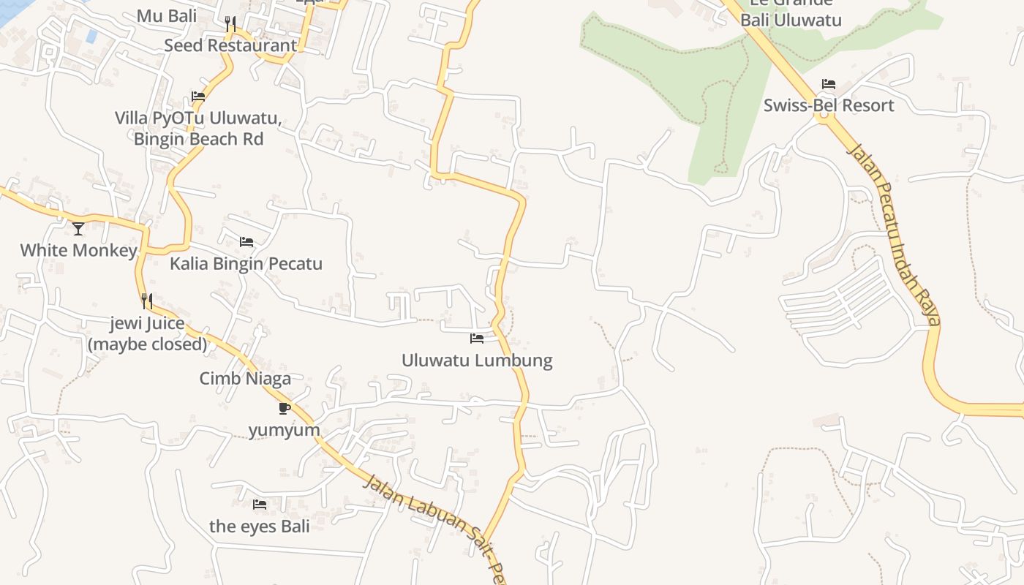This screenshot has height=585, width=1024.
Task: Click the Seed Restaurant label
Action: point(230,45)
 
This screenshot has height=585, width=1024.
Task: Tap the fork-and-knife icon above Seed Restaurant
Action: point(230,24)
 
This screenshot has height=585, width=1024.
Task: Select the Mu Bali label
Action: point(167,15)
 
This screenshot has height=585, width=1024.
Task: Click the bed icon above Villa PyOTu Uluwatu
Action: point(198,96)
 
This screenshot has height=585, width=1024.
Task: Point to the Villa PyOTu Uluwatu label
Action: point(198,128)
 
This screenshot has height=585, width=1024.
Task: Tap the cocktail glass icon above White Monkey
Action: point(78,229)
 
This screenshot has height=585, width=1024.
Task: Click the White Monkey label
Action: point(78,251)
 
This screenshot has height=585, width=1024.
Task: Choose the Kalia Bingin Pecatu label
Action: point(246,263)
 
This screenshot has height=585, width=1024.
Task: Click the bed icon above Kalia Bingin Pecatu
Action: point(246,241)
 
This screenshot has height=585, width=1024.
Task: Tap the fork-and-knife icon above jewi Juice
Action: point(147,301)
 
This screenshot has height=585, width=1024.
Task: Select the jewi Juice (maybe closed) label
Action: point(147,333)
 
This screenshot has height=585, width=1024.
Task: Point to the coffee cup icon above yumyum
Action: point(285,408)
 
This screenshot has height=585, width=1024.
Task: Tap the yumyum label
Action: point(285,430)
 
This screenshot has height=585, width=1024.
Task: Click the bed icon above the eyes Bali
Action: point(260,504)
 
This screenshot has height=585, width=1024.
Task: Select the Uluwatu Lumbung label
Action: point(477,361)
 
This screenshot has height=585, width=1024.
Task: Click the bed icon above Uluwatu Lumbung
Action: point(477,339)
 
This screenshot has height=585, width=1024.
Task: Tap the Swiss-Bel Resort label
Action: point(829,105)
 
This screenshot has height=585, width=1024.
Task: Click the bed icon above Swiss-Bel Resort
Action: point(829,84)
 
